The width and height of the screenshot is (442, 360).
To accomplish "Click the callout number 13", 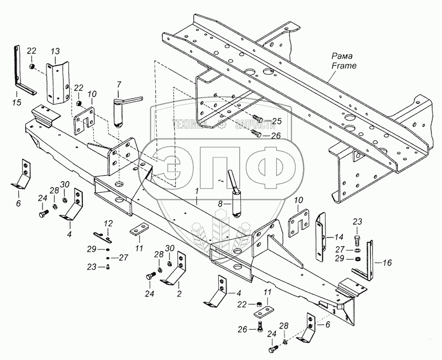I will point(55,51).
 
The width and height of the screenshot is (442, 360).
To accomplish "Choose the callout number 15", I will point(17,103).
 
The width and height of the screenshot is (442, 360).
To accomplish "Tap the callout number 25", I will point(277,121).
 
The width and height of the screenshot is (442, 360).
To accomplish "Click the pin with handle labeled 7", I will point(119,110).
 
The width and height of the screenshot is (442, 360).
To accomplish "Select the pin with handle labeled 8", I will point(236,196).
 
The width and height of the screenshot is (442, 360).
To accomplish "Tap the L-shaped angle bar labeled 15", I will point(20,72).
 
